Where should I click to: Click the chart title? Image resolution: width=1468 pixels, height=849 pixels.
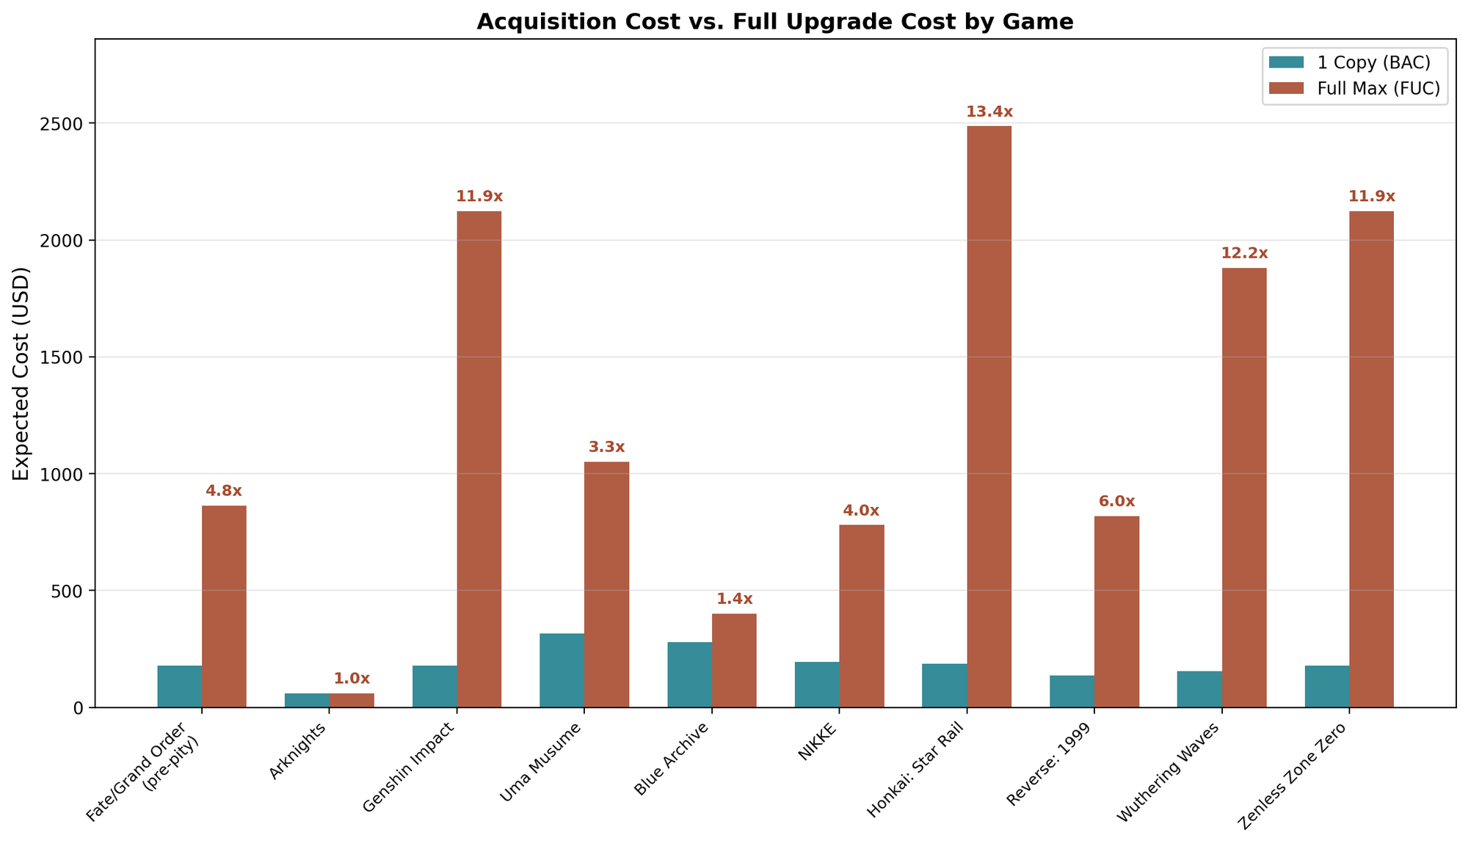(774, 22)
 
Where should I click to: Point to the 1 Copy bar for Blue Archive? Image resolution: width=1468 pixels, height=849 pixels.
(689, 674)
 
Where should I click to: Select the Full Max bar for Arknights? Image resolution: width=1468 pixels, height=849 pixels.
(352, 700)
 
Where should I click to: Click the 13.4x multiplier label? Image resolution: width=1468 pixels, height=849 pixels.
(989, 112)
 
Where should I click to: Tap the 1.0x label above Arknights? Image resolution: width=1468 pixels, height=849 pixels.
(352, 679)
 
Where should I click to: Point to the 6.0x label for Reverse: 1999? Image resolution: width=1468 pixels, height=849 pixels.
(1116, 502)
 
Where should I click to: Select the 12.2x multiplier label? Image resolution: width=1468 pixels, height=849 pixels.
(1244, 254)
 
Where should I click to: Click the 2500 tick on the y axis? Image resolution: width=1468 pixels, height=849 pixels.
(65, 123)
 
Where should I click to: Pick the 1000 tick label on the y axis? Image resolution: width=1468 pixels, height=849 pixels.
(65, 474)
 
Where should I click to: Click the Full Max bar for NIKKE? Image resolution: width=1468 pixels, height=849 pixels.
(861, 616)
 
